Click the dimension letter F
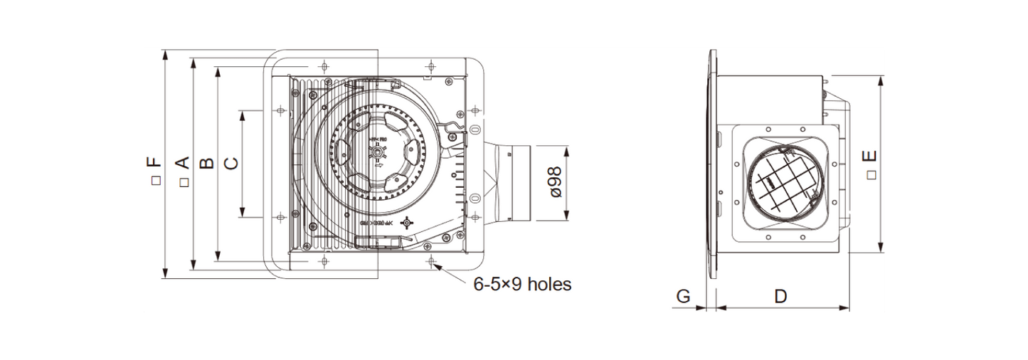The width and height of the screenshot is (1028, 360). (x=154, y=163)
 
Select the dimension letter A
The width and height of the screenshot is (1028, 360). (x=182, y=163)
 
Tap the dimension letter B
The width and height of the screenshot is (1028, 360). (x=207, y=163)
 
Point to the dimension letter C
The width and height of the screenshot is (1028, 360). (x=231, y=163)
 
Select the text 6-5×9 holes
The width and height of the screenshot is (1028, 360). (x=522, y=285)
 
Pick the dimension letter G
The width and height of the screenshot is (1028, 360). (x=683, y=296)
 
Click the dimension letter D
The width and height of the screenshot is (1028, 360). (x=780, y=296)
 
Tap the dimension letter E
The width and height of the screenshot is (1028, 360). (x=869, y=157)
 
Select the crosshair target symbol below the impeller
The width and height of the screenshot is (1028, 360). (x=407, y=223)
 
